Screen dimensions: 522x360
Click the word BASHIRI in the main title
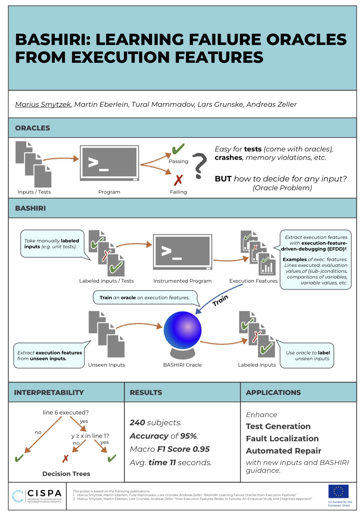52,39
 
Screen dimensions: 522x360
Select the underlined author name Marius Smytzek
43,104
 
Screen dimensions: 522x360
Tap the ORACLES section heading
32,128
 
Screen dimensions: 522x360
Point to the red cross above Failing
178,180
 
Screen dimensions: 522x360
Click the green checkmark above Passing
178,149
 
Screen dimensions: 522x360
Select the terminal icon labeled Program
109,163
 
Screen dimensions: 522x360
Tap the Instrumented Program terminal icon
182,252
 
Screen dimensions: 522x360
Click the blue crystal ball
182,330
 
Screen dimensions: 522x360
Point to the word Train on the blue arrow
220,300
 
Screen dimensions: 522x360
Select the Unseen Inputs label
106,365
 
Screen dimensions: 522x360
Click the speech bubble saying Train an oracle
145,298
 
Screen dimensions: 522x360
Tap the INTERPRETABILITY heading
49,393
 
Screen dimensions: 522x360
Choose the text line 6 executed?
66,412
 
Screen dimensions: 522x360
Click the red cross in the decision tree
65,459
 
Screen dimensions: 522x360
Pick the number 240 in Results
137,423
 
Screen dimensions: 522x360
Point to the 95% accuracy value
189,436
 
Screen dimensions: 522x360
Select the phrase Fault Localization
282,439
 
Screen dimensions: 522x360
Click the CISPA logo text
44,493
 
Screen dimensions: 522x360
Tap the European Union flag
338,491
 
